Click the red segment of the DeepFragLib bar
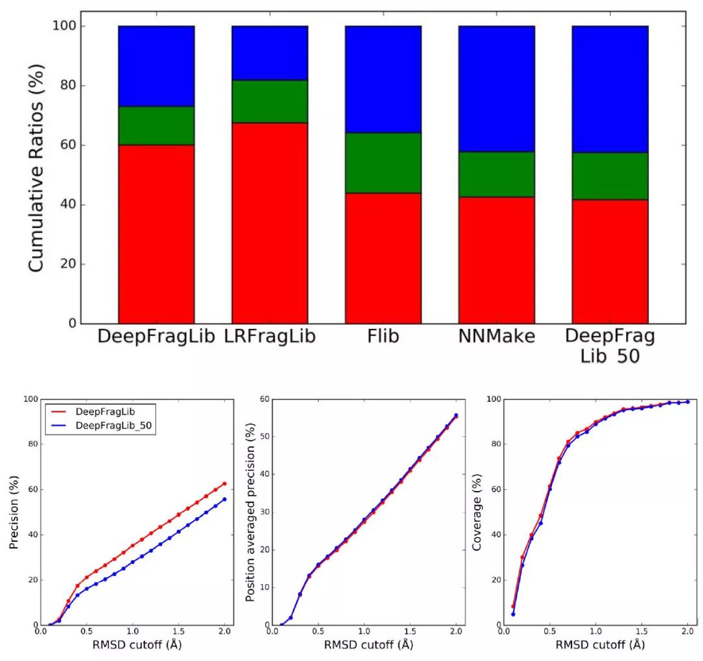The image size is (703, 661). pos(156,234)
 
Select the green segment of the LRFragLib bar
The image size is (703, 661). pos(269,101)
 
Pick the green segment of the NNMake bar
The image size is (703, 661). pos(496,175)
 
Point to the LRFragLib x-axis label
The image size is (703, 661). pos(269,337)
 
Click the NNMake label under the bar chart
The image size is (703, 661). pos(497,337)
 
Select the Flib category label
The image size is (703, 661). pos(383,337)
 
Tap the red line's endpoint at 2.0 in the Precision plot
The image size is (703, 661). pos(225,483)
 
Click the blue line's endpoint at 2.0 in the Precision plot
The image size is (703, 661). pos(225,499)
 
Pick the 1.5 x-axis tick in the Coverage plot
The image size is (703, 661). pos(642,632)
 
